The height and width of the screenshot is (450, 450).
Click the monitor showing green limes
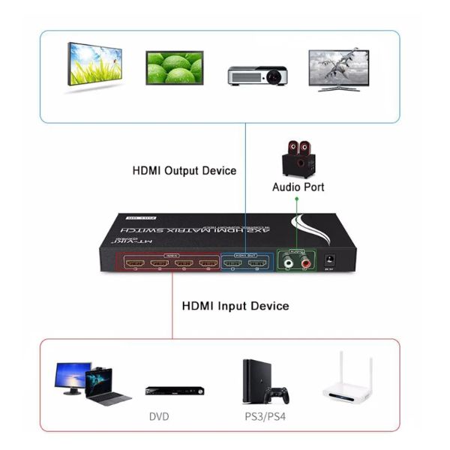point(174,68)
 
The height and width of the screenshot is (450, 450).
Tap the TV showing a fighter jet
point(339,69)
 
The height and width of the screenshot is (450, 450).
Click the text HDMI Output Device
point(184,171)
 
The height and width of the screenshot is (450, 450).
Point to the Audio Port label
point(298,187)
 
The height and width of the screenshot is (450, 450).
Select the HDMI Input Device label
point(235,306)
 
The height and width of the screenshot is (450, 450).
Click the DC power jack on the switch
point(328,262)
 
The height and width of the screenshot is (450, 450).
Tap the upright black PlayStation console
point(252,380)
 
